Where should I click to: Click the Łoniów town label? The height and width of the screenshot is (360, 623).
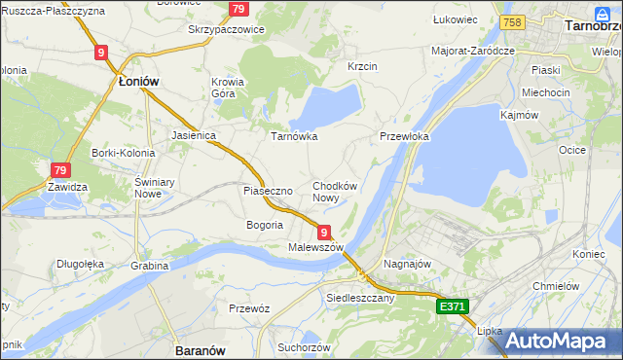(x=138, y=83)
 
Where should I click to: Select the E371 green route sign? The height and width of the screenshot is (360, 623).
(x=453, y=306)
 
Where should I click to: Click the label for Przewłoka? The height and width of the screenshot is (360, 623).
(x=404, y=137)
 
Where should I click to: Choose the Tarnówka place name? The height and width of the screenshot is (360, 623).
(x=294, y=136)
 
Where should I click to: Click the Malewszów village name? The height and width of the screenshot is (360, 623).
(x=316, y=248)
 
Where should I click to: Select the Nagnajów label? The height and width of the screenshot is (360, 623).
(x=408, y=264)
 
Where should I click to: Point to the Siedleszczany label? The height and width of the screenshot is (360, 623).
(x=360, y=298)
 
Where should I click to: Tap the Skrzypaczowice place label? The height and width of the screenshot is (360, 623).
(x=226, y=29)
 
